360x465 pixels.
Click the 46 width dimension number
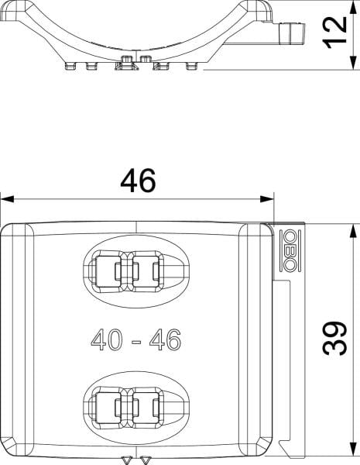tap(138, 181)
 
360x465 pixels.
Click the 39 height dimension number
tap(334, 338)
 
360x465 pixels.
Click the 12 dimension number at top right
tap(334, 32)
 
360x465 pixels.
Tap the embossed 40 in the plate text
tap(106, 339)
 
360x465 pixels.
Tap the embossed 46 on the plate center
tap(165, 339)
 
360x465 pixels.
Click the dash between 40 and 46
tap(136, 342)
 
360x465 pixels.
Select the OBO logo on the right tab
tap(290, 250)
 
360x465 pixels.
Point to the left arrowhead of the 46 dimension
tap(7, 199)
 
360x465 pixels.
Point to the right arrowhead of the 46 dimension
tap(267, 199)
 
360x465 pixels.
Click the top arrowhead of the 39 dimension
tap(352, 231)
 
